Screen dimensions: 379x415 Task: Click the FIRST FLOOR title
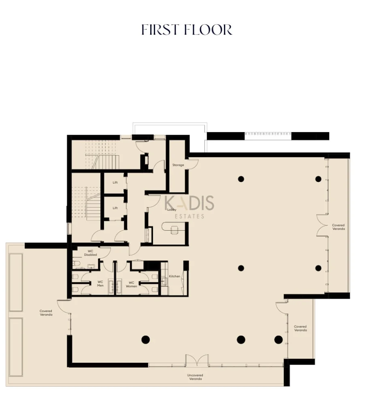coord(187,30)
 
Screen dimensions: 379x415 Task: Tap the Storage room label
coord(178,165)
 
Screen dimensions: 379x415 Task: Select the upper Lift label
coord(115,182)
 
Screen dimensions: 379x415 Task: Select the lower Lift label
coord(115,208)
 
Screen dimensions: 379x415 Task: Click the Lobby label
coord(172,210)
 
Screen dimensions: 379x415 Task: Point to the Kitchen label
coord(175,276)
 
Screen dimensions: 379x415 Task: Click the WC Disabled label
coord(90,253)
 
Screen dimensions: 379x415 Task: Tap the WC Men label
coord(100,284)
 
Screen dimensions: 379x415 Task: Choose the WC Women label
coord(132,285)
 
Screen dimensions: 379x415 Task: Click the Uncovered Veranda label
coord(195,377)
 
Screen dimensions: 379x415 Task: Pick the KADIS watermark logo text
coord(189,203)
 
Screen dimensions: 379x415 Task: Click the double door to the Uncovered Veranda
coord(197,360)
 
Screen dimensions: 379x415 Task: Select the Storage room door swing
coord(193,164)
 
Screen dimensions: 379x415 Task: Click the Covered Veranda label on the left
coord(46,313)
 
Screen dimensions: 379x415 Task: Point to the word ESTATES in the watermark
coord(189,216)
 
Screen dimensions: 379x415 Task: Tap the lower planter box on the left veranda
coord(16,347)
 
